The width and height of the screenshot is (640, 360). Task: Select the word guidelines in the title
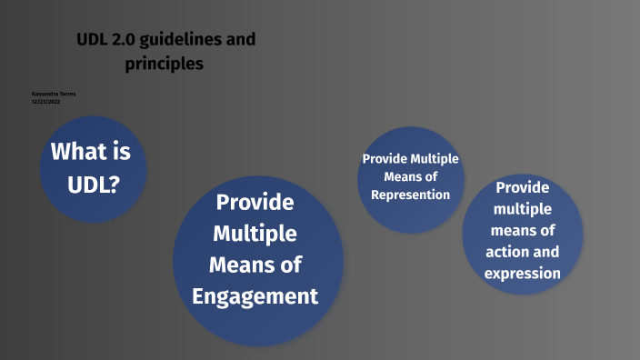pyautogui.click(x=181, y=40)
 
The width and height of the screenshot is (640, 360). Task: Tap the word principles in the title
pyautogui.click(x=165, y=64)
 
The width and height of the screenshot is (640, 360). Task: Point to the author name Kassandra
pyautogui.click(x=42, y=94)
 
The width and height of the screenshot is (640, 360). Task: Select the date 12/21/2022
pyautogui.click(x=45, y=101)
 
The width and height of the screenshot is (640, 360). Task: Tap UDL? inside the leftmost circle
pyautogui.click(x=93, y=185)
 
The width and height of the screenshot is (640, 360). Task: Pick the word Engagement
pyautogui.click(x=255, y=296)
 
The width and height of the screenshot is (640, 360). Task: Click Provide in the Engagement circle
pyautogui.click(x=255, y=201)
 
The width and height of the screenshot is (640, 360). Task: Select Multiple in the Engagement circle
pyautogui.click(x=255, y=234)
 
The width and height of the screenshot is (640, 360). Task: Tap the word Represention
pyautogui.click(x=411, y=195)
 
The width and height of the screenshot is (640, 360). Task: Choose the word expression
pyautogui.click(x=522, y=274)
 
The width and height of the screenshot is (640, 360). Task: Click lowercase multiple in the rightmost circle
pyautogui.click(x=522, y=209)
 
